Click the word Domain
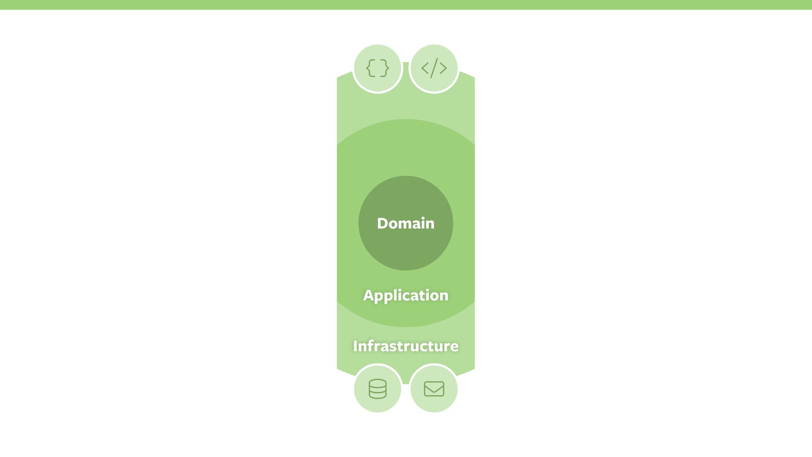[406, 223]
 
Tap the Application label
[406, 295]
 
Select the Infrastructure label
[406, 346]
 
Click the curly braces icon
[377, 68]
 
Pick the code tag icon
[434, 68]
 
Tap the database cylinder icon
[377, 389]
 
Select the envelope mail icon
[434, 389]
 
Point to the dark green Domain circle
[406, 250]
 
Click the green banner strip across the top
[406, 5]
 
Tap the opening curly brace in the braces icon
[370, 68]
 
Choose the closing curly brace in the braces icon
[384, 68]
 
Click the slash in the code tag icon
[434, 68]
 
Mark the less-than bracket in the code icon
[425, 68]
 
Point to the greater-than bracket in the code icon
[443, 68]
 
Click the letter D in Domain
[383, 223]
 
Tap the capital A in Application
[368, 295]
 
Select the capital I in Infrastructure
[355, 346]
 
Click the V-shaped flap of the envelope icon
[434, 386]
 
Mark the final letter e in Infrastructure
[454, 347]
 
